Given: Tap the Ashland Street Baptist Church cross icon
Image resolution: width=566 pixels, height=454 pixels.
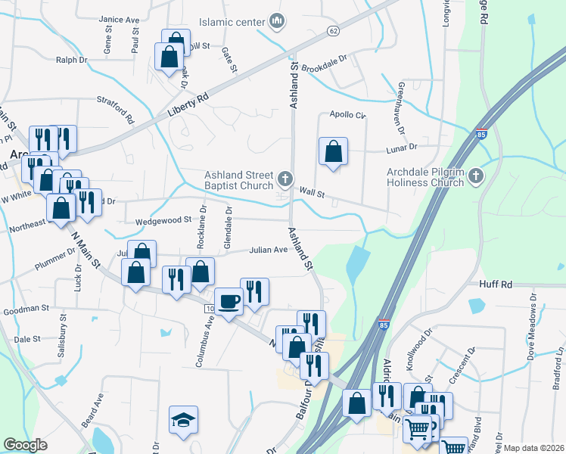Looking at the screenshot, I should click(x=285, y=179).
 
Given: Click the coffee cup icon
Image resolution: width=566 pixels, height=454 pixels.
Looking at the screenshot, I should click(x=229, y=300).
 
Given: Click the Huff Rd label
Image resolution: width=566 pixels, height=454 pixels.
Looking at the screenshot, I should click(x=496, y=285).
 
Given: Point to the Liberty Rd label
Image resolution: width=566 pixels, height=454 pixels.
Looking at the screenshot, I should click(x=187, y=108).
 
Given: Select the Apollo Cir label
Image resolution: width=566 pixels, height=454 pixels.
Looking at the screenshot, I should click(x=347, y=116).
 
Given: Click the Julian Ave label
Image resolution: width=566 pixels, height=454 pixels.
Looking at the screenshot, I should click(x=269, y=250).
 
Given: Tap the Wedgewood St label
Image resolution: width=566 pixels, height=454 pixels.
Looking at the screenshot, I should click(x=163, y=221).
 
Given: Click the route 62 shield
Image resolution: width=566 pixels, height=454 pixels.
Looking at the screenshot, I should click(x=333, y=30).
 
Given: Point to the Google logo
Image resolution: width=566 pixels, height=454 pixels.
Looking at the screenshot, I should click(x=25, y=445).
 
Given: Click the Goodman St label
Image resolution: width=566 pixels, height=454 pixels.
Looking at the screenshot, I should click(x=26, y=309).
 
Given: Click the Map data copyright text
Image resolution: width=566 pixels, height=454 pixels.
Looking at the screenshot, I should click(x=533, y=447).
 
